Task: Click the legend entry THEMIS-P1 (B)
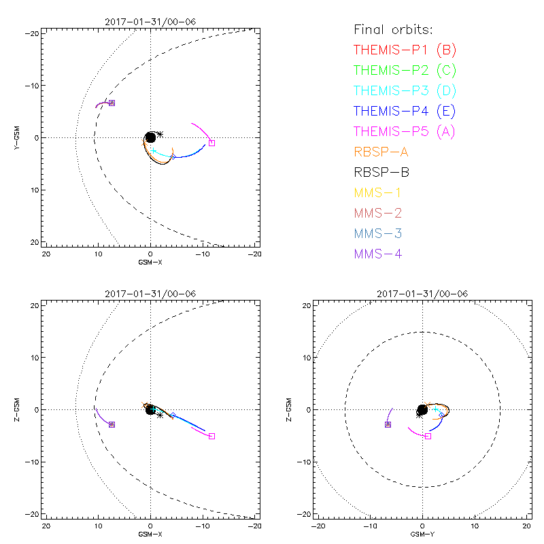pos(405,50)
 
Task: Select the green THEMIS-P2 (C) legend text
pos(405,70)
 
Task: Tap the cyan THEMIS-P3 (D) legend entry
pos(405,90)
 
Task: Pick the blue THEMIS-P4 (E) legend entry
pos(405,111)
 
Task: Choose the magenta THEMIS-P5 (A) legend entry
pos(405,131)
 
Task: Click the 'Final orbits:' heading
pos(393,29)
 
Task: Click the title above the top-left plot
pos(150,22)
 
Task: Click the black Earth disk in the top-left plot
pos(150,137)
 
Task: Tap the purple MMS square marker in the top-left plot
pos(112,103)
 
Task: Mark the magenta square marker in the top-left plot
pos(211,143)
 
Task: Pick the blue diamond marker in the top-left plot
pos(173,156)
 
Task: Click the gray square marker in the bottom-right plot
pos(428,436)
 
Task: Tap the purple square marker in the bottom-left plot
pos(112,424)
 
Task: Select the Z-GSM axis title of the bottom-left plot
pos(19,410)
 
